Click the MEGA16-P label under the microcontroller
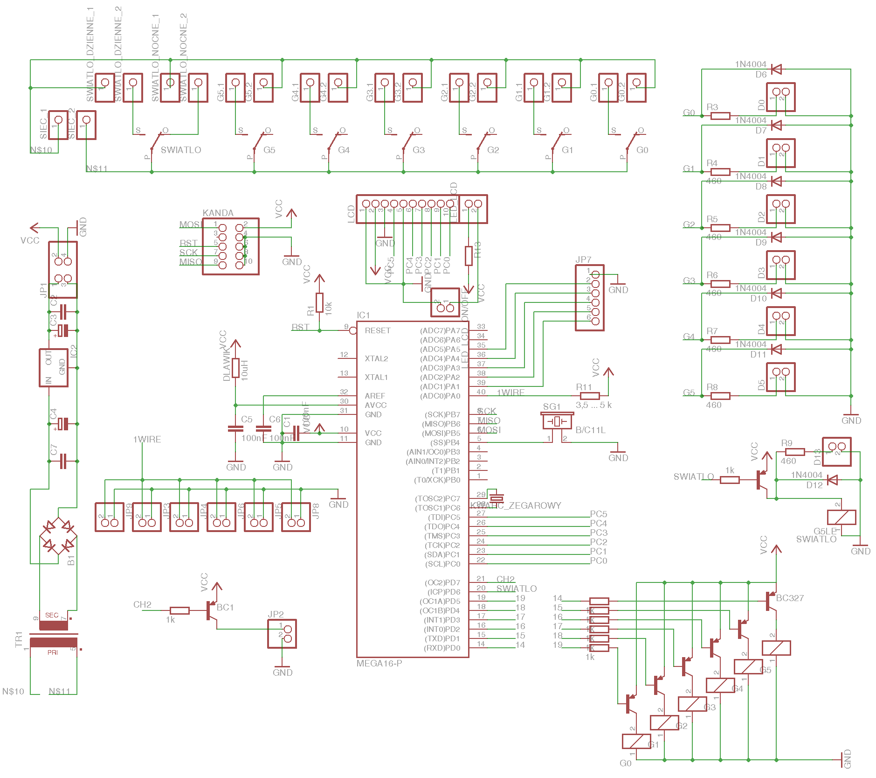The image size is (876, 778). [x=379, y=663]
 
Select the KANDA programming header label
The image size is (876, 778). [x=218, y=213]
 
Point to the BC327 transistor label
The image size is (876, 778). [x=790, y=598]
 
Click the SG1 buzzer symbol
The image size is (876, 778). [x=557, y=421]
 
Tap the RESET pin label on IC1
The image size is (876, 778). [x=377, y=330]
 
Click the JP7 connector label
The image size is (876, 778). [x=583, y=259]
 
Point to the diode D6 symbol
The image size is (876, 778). [x=776, y=69]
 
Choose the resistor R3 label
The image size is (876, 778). [x=712, y=107]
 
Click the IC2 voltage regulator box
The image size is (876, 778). [x=54, y=368]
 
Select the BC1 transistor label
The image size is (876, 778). [x=225, y=607]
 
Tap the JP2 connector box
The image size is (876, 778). [x=282, y=633]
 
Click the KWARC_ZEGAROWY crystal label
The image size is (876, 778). [x=515, y=505]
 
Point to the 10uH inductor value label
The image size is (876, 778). [x=245, y=370]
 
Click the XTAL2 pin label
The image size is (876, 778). [x=376, y=358]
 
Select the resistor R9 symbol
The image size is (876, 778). [x=794, y=452]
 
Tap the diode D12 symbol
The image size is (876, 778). [x=832, y=480]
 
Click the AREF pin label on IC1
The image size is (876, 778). [x=375, y=396]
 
